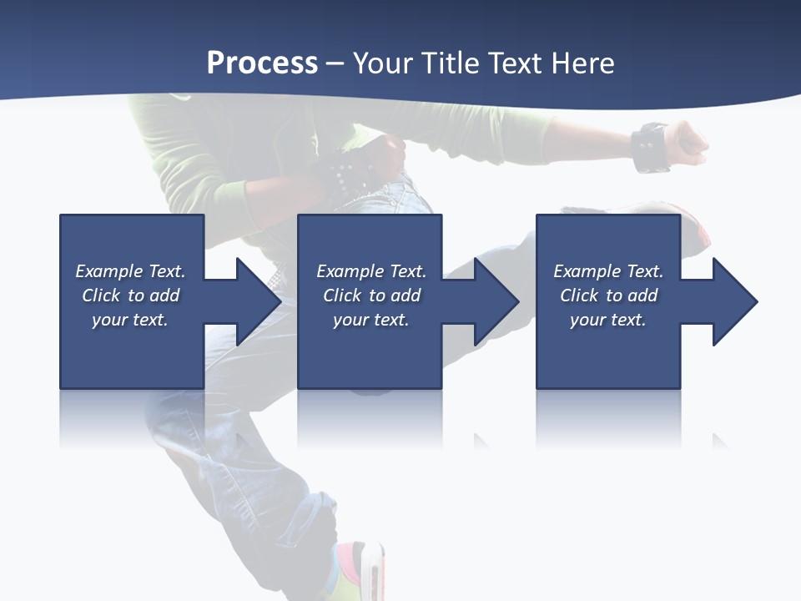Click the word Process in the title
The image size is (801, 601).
(262, 63)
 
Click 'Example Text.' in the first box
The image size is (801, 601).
(130, 271)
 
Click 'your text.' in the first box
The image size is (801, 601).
(130, 320)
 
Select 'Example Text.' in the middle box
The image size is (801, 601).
(371, 271)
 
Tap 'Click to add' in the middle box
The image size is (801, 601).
(371, 295)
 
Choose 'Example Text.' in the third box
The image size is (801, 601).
(608, 271)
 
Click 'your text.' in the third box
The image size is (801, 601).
(608, 320)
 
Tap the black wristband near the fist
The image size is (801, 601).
(650, 148)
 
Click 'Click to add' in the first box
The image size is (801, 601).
(130, 295)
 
